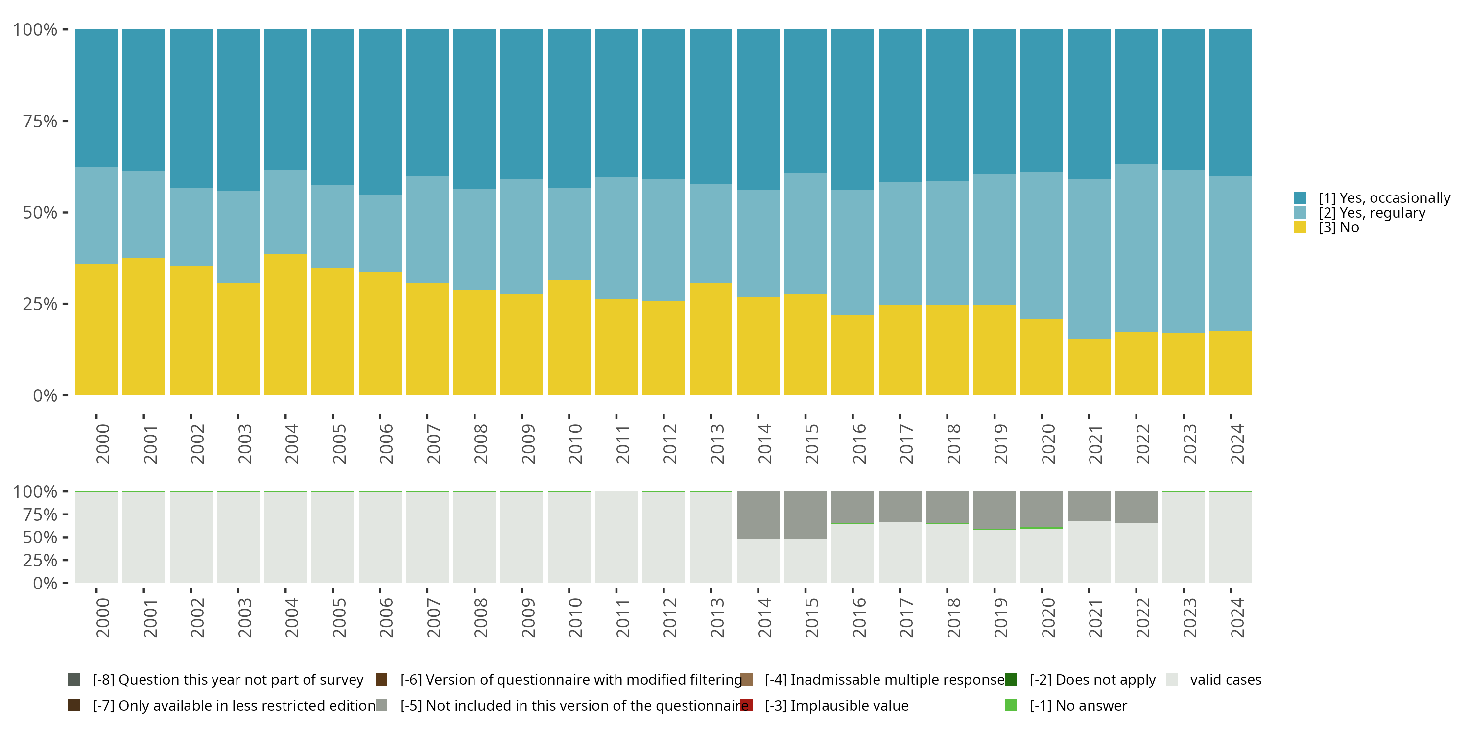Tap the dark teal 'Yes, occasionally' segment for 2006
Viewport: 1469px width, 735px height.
[x=380, y=112]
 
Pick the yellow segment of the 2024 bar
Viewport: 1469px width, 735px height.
[x=1231, y=363]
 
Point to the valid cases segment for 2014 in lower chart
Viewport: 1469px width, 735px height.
[x=758, y=561]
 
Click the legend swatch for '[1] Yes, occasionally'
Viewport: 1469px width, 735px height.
[x=1300, y=198]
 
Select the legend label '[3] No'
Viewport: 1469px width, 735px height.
[x=1338, y=228]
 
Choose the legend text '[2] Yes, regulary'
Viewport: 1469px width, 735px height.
[x=1372, y=213]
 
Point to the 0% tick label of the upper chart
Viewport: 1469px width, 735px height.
[x=45, y=395]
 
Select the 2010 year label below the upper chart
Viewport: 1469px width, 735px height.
[x=575, y=443]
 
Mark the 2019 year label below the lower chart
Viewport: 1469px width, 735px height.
[x=1000, y=617]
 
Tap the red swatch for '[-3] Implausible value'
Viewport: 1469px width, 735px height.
[x=746, y=705]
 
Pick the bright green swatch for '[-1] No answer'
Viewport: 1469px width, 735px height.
[x=1011, y=705]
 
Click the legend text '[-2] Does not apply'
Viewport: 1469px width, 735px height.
[x=1092, y=680]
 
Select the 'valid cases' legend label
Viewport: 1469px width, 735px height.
[x=1226, y=680]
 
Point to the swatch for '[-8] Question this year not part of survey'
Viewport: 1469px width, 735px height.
[x=73, y=680]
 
